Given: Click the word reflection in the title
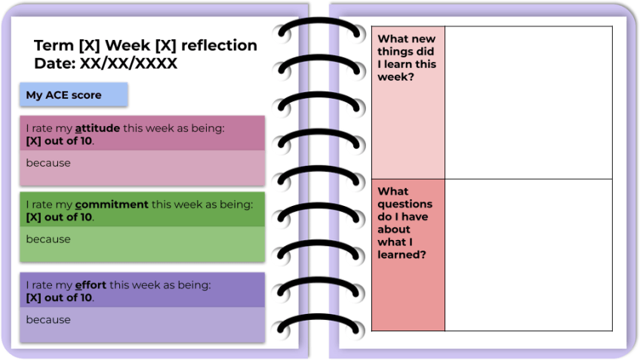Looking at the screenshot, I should (222, 45).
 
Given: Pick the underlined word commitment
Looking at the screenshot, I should (112, 204).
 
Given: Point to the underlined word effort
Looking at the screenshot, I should (91, 285).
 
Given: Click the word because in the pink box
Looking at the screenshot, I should (48, 163).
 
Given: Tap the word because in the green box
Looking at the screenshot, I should (48, 239).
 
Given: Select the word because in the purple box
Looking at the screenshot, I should (48, 320).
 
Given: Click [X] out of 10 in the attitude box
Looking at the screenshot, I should (60, 141).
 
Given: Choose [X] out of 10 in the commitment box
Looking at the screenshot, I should (60, 217).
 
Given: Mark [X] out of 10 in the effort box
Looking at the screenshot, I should (60, 298).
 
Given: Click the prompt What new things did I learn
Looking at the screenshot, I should (407, 57).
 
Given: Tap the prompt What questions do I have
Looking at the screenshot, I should (405, 223).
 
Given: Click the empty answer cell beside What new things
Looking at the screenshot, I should (528, 103).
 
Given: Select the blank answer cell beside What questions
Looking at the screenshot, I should (528, 255).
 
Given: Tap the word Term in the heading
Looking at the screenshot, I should (54, 45).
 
